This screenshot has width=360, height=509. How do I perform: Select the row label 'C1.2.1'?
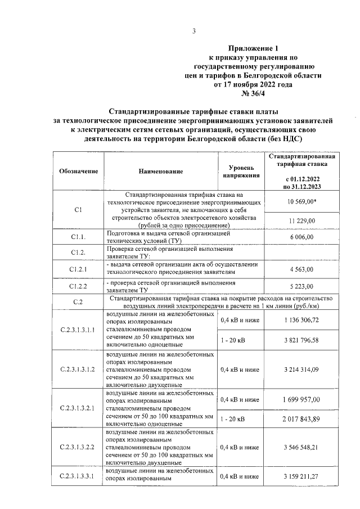[x=79, y=270]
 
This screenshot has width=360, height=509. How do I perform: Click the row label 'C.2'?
[x=79, y=302]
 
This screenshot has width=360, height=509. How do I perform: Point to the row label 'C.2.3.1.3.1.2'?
[x=78, y=370]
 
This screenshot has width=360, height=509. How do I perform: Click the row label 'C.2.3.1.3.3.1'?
[x=78, y=476]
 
